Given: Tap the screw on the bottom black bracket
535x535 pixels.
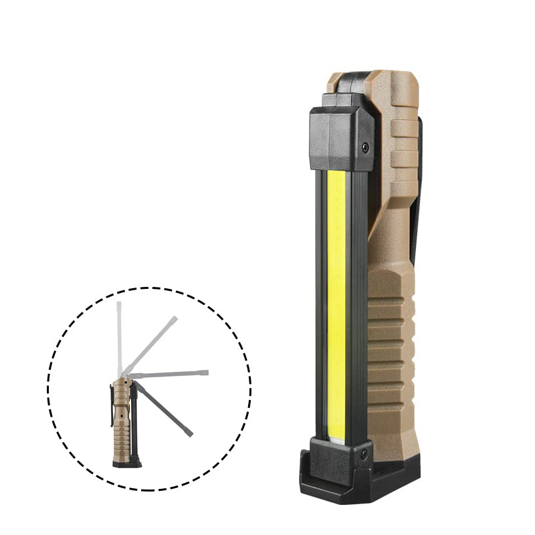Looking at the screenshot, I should click(364, 454).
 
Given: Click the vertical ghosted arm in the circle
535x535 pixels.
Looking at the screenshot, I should click(119, 334).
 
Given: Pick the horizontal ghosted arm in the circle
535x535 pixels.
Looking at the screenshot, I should click(171, 373).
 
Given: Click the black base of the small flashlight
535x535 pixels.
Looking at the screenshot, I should click(126, 463).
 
